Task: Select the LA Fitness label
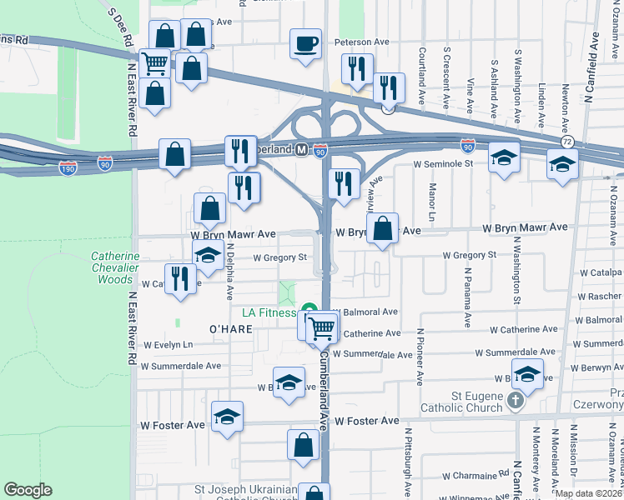[x=270, y=312]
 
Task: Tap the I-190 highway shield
[x=68, y=168]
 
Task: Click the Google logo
[x=28, y=490]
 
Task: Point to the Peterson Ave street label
[x=362, y=41]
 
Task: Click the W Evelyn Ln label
[x=168, y=344]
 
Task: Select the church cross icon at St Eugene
[x=516, y=402]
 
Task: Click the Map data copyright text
[x=586, y=493]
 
